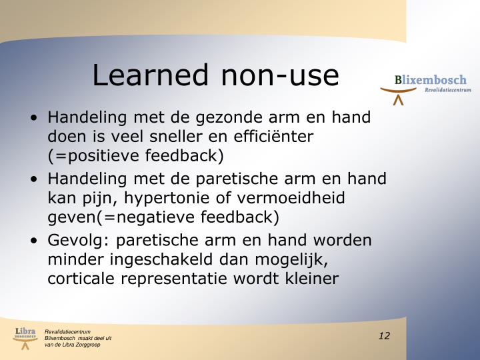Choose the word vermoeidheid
(x=287, y=198)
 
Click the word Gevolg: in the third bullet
(x=75, y=241)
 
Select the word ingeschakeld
(x=154, y=259)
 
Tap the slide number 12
(x=383, y=335)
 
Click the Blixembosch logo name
(x=430, y=80)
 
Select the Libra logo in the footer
(x=25, y=337)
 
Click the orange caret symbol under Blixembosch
(x=398, y=101)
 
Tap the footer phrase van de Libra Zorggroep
(x=73, y=344)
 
